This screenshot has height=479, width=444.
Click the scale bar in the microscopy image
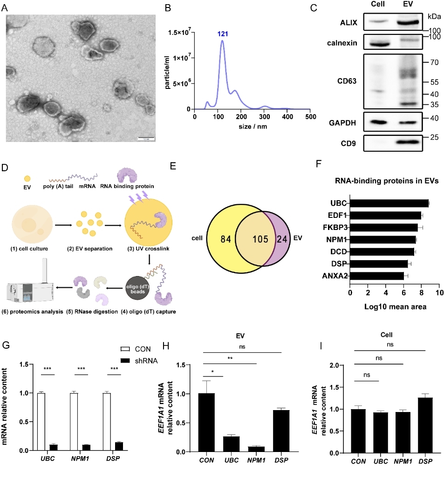click(x=145, y=138)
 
